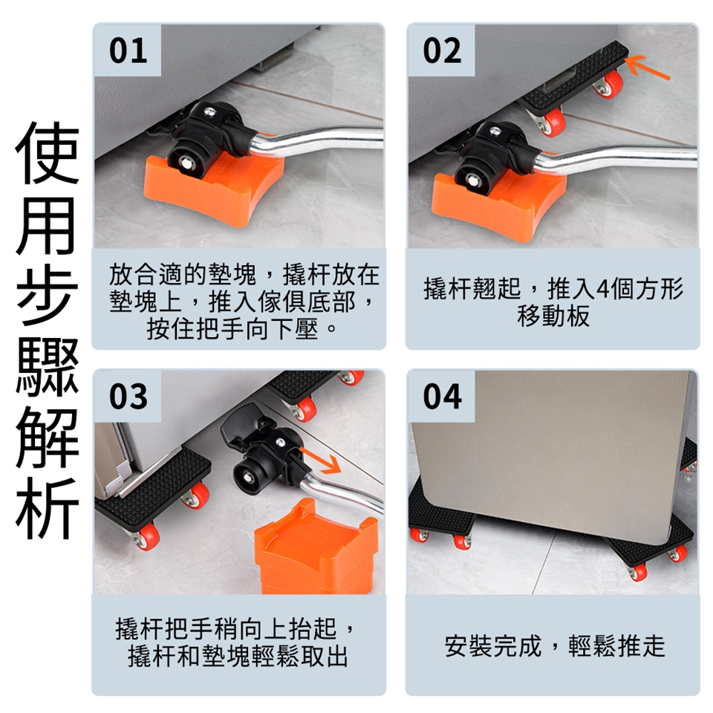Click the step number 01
point(128,51)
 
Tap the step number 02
point(442,51)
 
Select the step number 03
point(128,397)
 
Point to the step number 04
point(442,397)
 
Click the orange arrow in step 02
point(648,67)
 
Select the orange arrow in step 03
point(322,460)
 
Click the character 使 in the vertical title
point(48,152)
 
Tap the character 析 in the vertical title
point(48,507)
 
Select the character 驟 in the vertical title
point(48,366)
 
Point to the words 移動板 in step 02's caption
point(553,316)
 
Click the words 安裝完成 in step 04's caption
point(493,645)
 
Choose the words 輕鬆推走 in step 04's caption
point(616,645)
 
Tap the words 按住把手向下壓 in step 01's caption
point(232,329)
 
